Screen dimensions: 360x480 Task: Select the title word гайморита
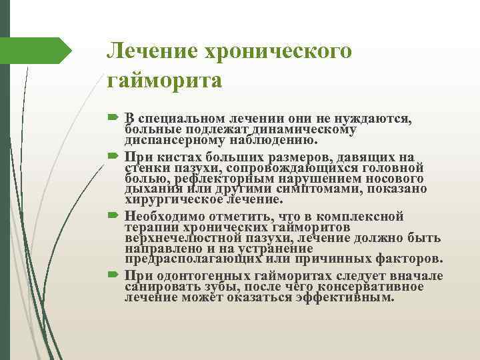click(x=164, y=81)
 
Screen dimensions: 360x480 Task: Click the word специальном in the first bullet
click(x=179, y=118)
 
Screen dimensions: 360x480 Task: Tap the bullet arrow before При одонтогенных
click(x=111, y=276)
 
